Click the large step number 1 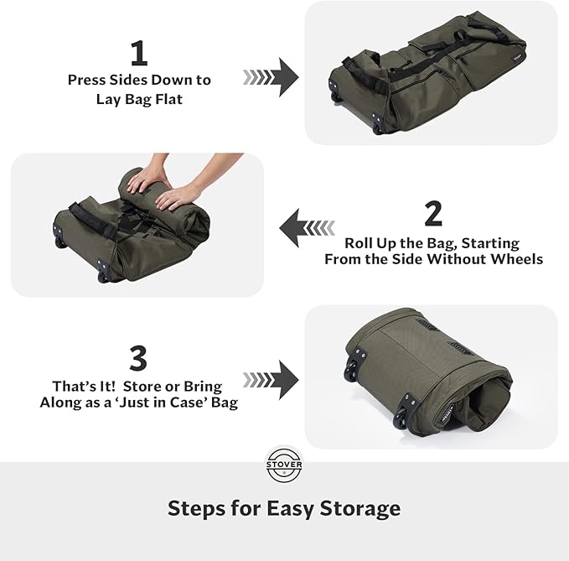click(x=139, y=54)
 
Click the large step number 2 click(x=433, y=214)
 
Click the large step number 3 click(x=139, y=358)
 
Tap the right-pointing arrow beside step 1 click(x=272, y=77)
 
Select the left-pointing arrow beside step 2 click(x=307, y=227)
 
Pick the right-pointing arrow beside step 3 click(x=272, y=378)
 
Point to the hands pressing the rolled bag click(x=167, y=189)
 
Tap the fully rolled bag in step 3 click(x=427, y=373)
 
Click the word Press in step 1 click(x=89, y=81)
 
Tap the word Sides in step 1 click(x=134, y=81)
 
